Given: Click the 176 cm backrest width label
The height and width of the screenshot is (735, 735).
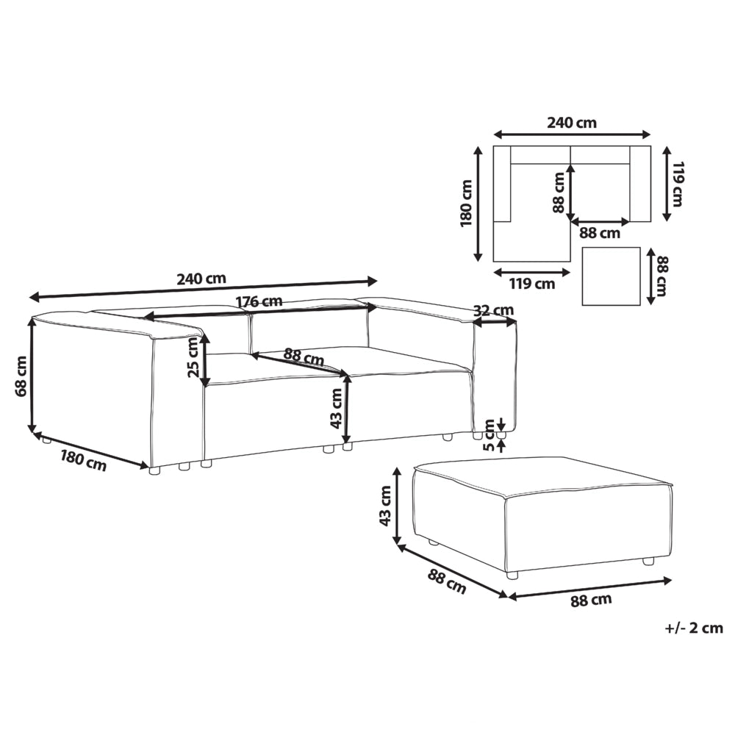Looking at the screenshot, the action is tap(259, 301).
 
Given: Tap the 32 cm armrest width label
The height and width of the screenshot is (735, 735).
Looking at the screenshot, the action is tap(493, 310).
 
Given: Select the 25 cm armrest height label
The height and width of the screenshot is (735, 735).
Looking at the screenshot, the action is tap(193, 359).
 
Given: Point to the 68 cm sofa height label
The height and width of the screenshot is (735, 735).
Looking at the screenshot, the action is tap(21, 376).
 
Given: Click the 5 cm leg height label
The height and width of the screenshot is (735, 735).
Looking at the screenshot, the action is tap(489, 434).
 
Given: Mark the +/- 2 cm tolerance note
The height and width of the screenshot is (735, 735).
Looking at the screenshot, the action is tap(694, 628).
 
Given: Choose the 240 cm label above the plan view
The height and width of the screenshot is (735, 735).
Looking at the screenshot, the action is tap(571, 123).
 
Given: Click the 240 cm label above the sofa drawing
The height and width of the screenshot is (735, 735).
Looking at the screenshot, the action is tap(201, 279).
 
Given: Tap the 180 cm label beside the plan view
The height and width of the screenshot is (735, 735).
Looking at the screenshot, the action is tap(467, 203).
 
